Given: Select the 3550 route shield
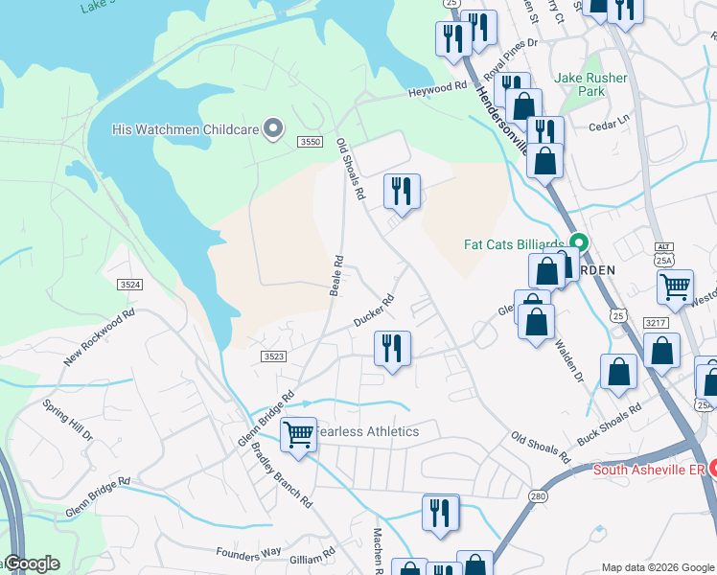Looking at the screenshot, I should pyautogui.click(x=309, y=142).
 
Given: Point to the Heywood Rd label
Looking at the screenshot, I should pyautogui.click(x=437, y=88).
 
